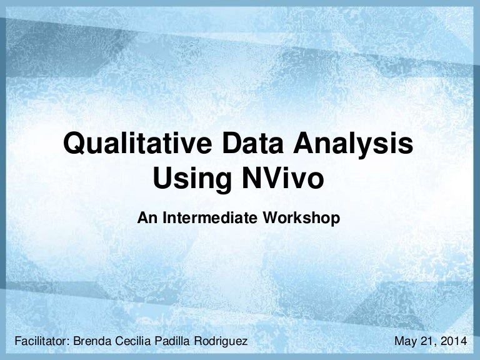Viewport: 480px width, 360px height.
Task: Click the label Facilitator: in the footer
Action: pos(40,341)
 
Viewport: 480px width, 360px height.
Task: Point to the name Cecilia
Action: pos(132,341)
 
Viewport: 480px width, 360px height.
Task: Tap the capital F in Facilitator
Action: pos(17,341)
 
